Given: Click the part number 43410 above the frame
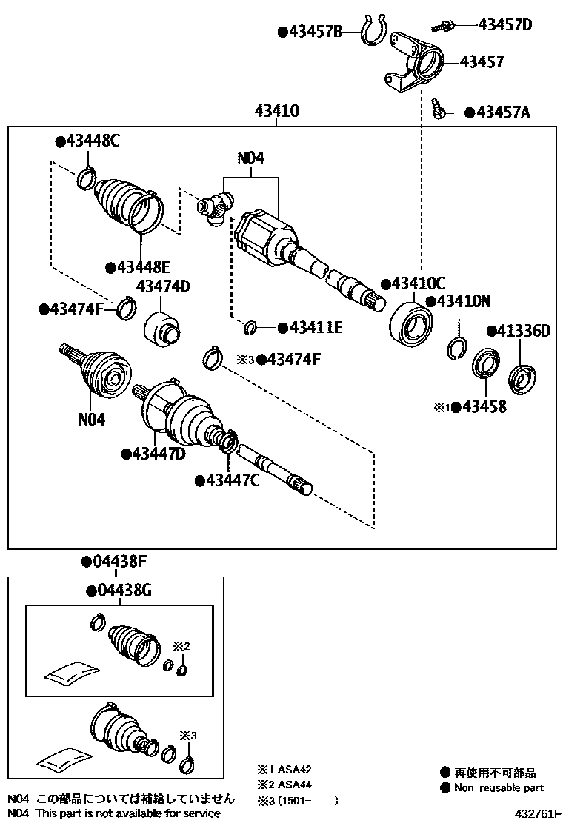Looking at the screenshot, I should pos(276,112).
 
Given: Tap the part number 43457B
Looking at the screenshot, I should pos(315,32).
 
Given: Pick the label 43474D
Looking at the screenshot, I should pos(162,287).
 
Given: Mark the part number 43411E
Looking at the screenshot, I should pos(315,327).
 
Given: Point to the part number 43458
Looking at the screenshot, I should pos(484,406).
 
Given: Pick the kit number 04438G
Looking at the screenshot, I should pos(124,591).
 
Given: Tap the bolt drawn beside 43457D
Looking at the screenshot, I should pos(444,26).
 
